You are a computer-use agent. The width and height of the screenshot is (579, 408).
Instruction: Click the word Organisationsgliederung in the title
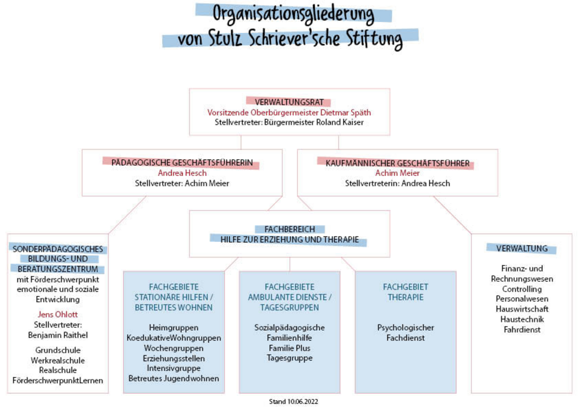(293, 14)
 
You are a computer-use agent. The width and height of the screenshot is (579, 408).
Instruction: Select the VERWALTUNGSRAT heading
(289, 102)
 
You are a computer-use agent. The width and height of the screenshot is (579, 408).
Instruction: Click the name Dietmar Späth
(345, 113)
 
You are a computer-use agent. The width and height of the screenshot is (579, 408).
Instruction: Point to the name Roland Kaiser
(340, 122)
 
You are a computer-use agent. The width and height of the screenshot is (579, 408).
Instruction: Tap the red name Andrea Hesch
(182, 173)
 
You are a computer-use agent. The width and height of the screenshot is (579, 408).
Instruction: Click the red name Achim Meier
(397, 173)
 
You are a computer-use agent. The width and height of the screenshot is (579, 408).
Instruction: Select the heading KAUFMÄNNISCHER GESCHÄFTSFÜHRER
(398, 163)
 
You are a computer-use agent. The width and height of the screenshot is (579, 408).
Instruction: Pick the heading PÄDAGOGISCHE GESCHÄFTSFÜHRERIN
(182, 163)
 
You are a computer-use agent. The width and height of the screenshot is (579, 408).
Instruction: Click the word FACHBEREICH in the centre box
(289, 229)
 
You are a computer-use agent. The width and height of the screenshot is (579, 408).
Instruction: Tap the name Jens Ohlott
(57, 314)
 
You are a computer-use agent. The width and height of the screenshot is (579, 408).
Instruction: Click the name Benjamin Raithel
(58, 335)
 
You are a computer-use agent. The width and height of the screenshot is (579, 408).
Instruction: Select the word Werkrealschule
(57, 360)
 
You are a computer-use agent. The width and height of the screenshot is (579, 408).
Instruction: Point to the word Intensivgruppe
(174, 368)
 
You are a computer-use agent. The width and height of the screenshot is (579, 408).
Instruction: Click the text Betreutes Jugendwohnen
(174, 379)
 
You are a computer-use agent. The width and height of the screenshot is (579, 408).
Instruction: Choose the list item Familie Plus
(289, 348)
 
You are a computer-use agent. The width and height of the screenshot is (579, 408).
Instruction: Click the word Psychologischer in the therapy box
(406, 327)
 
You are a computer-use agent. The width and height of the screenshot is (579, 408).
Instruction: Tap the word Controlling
(522, 289)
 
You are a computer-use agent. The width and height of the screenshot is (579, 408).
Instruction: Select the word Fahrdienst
(522, 330)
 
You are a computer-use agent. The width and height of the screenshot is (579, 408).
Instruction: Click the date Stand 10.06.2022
(293, 401)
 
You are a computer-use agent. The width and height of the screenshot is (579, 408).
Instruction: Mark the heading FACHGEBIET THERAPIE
(406, 292)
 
